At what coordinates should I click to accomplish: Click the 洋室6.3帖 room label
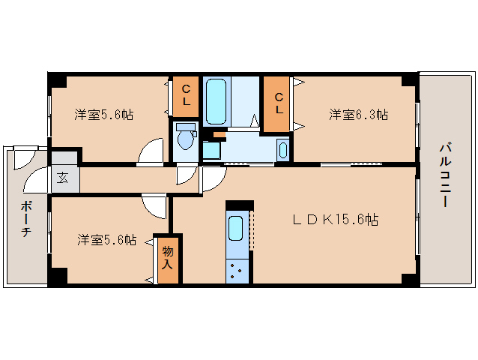[x=358, y=115]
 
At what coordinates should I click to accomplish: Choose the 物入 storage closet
[x=167, y=259]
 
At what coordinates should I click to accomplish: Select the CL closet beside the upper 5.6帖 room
[x=186, y=94]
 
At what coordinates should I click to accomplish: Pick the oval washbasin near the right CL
[x=282, y=149]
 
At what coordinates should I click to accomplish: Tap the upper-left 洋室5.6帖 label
[x=104, y=115]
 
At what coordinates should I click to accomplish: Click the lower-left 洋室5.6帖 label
[x=107, y=240]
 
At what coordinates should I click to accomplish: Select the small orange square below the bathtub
[x=219, y=135]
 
